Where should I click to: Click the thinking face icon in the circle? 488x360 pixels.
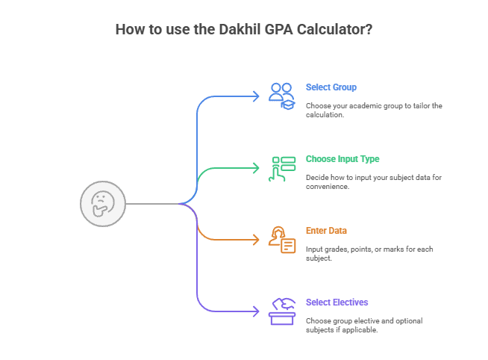(101, 203)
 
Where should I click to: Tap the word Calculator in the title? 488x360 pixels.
(328, 30)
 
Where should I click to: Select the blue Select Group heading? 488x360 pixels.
(331, 87)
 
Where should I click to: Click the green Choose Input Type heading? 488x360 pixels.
(342, 159)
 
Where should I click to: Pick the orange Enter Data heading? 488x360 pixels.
(326, 231)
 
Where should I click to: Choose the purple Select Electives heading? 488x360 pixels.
(337, 302)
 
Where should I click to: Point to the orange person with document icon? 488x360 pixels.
(282, 240)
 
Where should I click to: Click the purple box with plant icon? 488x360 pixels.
(282, 311)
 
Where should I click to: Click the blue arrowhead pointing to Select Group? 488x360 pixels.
(255, 96)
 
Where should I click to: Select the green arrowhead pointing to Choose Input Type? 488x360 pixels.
(255, 167)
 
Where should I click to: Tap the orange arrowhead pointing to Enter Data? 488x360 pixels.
(255, 240)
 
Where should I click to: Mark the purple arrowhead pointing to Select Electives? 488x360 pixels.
(255, 311)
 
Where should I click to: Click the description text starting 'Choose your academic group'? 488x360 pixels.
(374, 110)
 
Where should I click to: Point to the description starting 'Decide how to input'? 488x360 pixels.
(374, 181)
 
